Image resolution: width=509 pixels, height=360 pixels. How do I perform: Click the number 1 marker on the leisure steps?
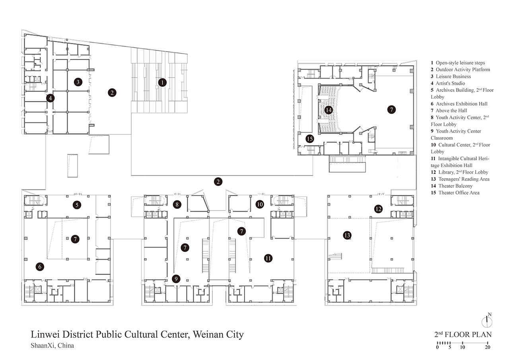click(162, 82)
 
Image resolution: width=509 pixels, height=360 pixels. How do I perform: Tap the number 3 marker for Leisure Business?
click(78, 82)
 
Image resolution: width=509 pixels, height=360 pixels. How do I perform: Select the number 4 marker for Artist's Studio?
click(50, 98)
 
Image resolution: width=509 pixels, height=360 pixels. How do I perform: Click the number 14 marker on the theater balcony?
click(328, 110)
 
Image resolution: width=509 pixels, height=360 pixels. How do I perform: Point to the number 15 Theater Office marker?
click(310, 139)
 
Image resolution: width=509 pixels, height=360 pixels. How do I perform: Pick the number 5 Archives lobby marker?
click(77, 205)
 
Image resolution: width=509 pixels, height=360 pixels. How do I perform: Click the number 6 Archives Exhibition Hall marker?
click(40, 267)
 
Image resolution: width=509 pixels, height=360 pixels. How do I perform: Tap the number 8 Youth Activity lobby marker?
click(177, 204)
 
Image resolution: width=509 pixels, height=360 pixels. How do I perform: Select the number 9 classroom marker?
click(176, 279)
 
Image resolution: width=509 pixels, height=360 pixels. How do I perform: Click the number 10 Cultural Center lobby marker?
click(260, 204)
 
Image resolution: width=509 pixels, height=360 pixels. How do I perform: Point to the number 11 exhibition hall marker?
click(268, 258)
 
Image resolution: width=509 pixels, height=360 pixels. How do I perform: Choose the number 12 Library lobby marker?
click(378, 209)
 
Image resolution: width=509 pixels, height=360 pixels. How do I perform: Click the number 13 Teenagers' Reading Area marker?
click(347, 235)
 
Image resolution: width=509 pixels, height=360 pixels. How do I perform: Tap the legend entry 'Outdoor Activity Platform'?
click(463, 70)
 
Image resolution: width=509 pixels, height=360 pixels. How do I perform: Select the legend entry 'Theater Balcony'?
click(455, 186)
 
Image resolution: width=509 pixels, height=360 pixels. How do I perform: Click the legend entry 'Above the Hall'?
click(451, 111)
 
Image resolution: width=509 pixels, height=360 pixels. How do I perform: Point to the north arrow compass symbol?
click(487, 321)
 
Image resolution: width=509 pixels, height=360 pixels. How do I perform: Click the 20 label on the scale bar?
click(488, 347)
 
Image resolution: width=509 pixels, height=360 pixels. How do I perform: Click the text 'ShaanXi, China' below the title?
click(52, 346)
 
